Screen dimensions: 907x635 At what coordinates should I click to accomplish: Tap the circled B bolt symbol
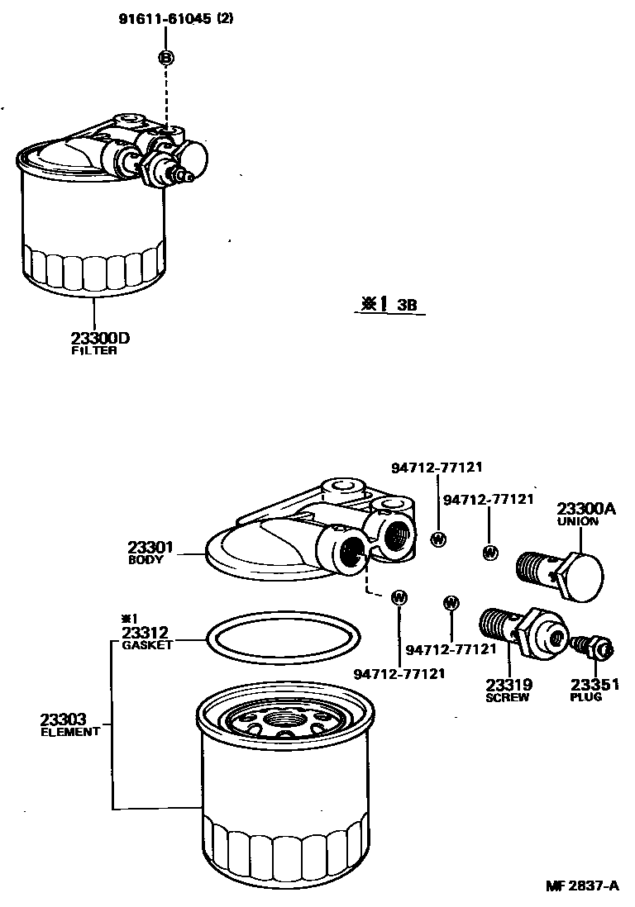click(x=166, y=57)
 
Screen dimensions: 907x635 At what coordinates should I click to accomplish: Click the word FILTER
click(x=93, y=350)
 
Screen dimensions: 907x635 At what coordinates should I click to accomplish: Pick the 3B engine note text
click(x=406, y=304)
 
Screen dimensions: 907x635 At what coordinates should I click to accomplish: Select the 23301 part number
click(x=150, y=547)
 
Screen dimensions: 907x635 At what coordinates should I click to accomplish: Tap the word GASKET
click(x=147, y=645)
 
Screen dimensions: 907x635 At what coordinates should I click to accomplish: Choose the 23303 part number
click(x=63, y=719)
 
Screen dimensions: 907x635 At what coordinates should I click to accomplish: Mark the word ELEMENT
click(x=70, y=732)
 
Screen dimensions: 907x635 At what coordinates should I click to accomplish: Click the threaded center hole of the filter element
click(x=286, y=729)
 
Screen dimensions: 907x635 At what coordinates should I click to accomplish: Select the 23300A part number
click(x=585, y=510)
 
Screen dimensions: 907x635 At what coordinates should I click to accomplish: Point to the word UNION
click(x=578, y=522)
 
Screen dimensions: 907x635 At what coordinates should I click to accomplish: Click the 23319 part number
click(x=508, y=685)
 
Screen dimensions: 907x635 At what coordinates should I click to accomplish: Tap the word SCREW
click(x=507, y=697)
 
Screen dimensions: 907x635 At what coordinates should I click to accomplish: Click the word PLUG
click(x=586, y=697)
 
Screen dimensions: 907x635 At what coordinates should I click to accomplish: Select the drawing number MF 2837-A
click(x=581, y=886)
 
